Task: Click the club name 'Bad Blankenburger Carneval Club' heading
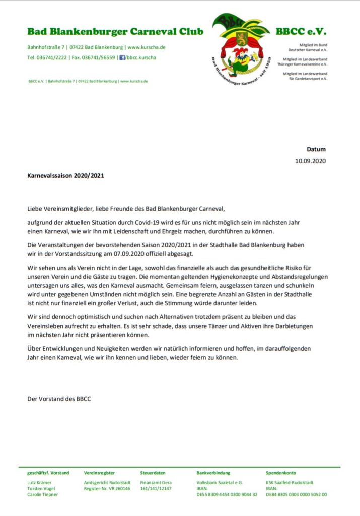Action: (x=115, y=32)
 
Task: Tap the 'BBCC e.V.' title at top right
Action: (x=301, y=31)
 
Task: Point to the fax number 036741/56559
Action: (x=101, y=57)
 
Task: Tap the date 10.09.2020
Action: (x=310, y=161)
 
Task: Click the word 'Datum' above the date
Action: (x=316, y=149)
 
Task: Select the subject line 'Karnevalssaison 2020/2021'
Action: (x=66, y=177)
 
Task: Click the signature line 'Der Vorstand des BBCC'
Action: (x=59, y=399)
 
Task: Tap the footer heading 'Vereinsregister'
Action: (x=99, y=473)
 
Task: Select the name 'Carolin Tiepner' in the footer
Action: (x=42, y=494)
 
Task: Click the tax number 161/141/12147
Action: (x=156, y=488)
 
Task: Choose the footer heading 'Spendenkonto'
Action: (x=281, y=473)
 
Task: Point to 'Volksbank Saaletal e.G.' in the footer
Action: (x=220, y=482)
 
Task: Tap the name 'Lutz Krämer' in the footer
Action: (x=39, y=482)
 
